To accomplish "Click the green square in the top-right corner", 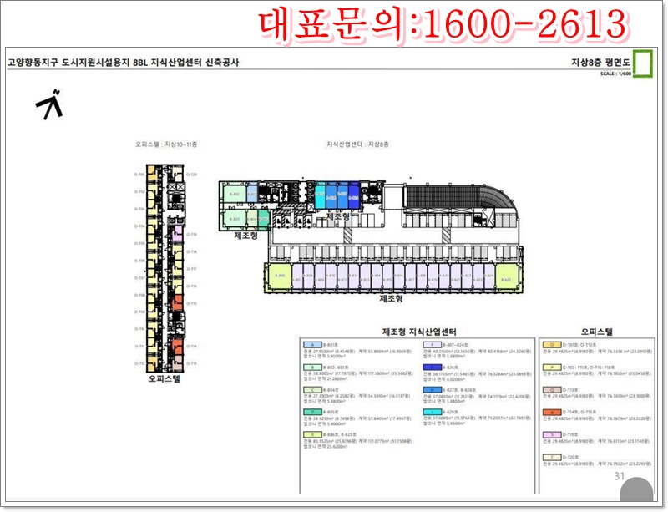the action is pos(642,63).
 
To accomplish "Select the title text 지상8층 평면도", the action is pos(600,62).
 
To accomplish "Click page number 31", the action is pos(619,476).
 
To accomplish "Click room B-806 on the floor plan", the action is pos(281,276).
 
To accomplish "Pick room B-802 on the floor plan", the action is pos(235,195).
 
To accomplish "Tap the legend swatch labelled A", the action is pos(311,344).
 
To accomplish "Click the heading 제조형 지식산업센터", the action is pos(418,332).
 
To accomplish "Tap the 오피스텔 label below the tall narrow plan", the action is pos(164,378).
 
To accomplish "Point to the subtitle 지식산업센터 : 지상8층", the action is pos(357,144).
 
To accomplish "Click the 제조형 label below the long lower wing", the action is pos(392,298).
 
